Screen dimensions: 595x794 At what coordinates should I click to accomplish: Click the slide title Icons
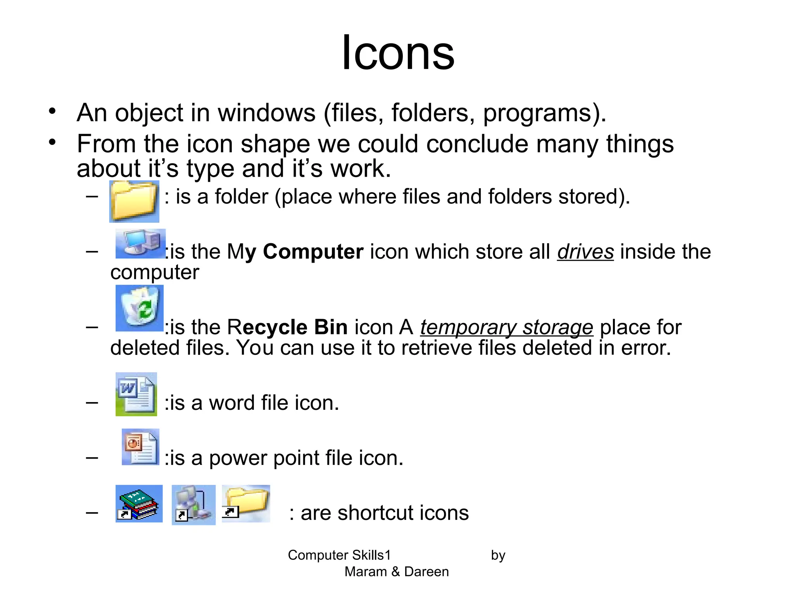click(x=398, y=53)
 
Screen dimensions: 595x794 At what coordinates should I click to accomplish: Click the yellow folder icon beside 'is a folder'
click(x=134, y=201)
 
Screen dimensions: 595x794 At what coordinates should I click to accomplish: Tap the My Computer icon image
click(x=140, y=243)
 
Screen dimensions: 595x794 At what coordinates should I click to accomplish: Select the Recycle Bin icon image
click(x=140, y=308)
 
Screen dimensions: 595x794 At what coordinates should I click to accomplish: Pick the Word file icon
click(x=136, y=394)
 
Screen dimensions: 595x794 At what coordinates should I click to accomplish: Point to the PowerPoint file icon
click(x=140, y=447)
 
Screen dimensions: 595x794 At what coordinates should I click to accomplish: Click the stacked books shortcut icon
click(x=139, y=504)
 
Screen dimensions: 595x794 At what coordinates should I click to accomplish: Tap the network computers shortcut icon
click(x=193, y=505)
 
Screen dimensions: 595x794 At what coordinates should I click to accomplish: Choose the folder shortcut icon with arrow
click(x=246, y=503)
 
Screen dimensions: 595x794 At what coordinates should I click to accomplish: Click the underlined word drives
click(x=585, y=252)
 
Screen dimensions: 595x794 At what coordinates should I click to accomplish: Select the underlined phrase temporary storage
click(x=506, y=327)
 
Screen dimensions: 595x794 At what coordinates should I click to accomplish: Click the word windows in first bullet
click(x=267, y=113)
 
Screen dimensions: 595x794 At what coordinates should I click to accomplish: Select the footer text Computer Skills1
click(x=339, y=555)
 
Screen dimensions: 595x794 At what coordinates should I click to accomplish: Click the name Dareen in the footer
click(x=426, y=572)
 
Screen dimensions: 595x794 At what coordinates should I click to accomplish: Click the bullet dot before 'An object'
click(x=52, y=112)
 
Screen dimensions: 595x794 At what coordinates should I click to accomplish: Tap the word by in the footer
click(x=498, y=555)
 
